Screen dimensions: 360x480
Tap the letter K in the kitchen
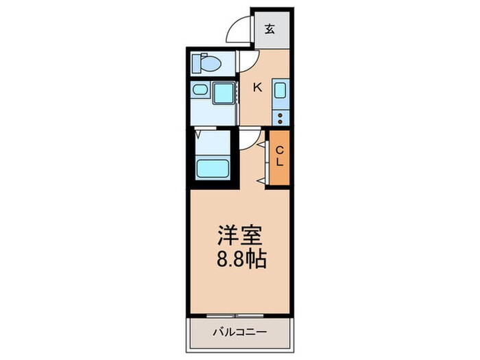[x=259, y=86]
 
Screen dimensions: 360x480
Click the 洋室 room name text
[x=239, y=235]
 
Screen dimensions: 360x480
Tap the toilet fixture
[x=207, y=64]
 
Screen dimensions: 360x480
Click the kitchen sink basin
[x=281, y=92]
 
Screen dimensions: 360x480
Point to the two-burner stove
[x=281, y=117]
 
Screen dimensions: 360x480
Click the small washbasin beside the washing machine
[x=201, y=90]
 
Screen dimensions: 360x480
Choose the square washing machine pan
[x=224, y=91]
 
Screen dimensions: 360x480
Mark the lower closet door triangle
[x=263, y=178]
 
